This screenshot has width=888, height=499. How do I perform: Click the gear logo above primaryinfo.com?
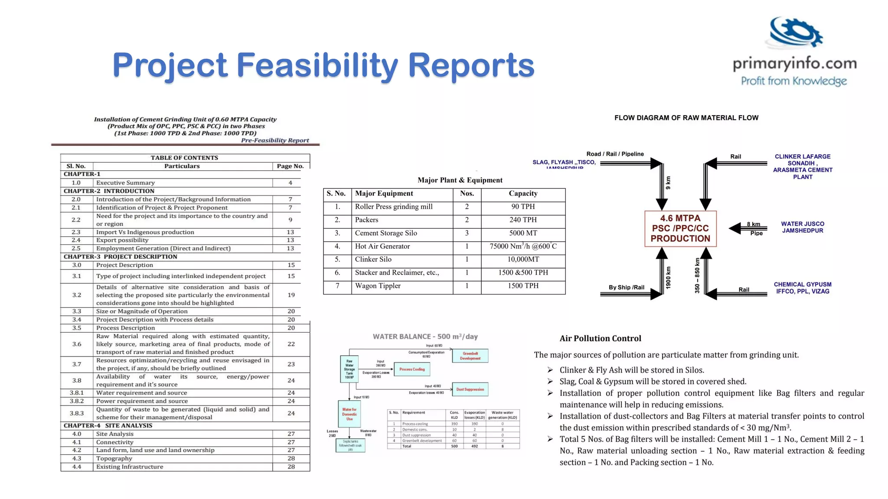point(796,32)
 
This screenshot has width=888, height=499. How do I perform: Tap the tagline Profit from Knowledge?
point(793,81)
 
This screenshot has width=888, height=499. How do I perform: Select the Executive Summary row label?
point(125,183)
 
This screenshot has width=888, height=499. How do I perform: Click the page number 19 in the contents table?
point(291,295)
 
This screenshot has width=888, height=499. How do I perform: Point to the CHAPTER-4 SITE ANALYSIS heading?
point(108,425)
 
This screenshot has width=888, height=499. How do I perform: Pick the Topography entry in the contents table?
point(114,458)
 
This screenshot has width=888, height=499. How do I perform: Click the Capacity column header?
point(522,194)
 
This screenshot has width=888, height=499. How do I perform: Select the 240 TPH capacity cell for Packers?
point(522,220)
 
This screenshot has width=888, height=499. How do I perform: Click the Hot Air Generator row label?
point(382,246)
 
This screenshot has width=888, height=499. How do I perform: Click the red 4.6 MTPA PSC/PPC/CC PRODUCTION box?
point(680,229)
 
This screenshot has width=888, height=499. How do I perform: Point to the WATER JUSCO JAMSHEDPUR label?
point(803,227)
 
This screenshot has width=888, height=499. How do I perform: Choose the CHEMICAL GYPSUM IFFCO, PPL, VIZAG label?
point(803,288)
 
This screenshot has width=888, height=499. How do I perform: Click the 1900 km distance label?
point(668,278)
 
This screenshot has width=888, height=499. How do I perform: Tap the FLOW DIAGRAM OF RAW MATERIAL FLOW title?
point(686,118)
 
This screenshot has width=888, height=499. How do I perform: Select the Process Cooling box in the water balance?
point(412,369)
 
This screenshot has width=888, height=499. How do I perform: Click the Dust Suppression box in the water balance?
point(470,389)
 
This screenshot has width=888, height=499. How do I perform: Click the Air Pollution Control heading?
point(600,339)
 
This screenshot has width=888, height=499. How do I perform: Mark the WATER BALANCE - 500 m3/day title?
point(425,337)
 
